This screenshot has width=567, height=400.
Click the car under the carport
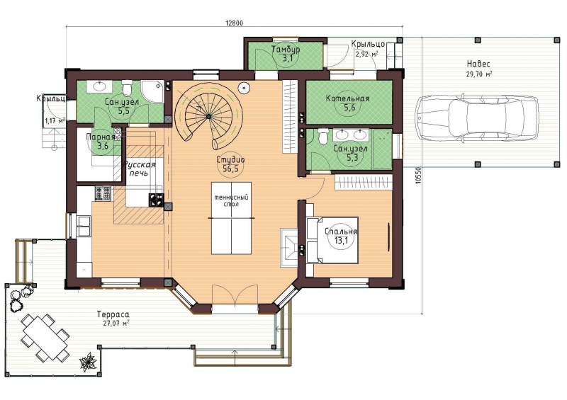(476, 117)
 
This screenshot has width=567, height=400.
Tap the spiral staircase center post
(208, 116)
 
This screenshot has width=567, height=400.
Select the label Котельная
(347, 98)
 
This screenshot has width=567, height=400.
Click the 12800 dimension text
(235, 23)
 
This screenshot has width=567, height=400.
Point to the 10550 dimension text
(419, 176)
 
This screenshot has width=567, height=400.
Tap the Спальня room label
(341, 232)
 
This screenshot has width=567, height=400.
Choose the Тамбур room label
(286, 49)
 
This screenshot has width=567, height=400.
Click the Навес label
(478, 64)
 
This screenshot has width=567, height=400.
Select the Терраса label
(113, 315)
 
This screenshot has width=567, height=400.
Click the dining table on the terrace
(45, 337)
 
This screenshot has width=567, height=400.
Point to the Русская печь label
(138, 168)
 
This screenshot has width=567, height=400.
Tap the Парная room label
(101, 137)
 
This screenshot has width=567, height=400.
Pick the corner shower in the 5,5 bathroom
(152, 91)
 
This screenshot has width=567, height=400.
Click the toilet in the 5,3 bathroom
(323, 137)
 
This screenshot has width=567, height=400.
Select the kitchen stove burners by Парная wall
(103, 193)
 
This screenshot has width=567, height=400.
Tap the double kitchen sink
(84, 226)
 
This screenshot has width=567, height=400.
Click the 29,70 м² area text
(479, 75)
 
